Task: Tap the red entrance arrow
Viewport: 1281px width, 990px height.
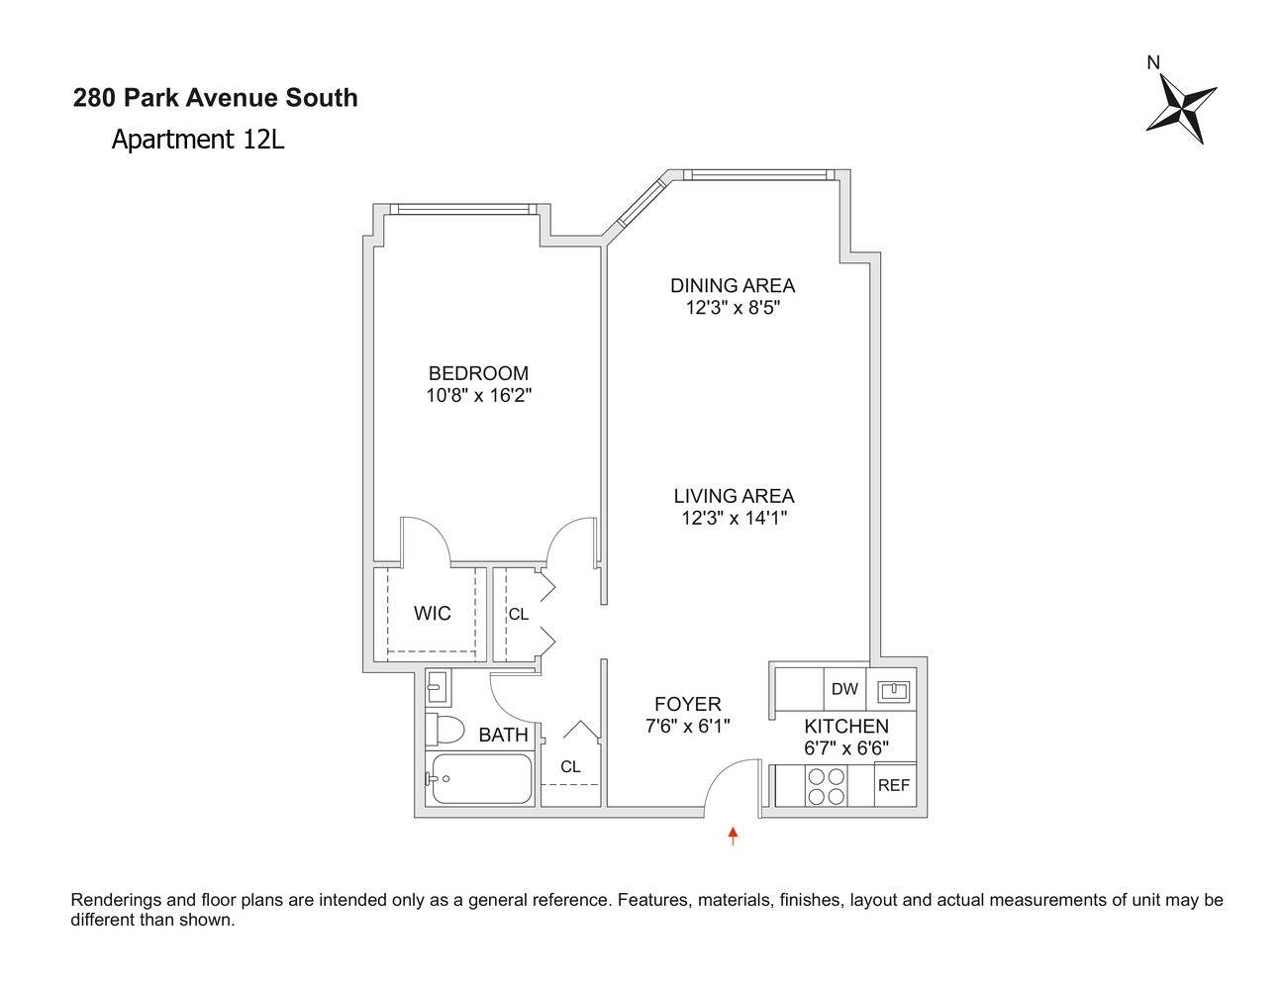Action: (733, 837)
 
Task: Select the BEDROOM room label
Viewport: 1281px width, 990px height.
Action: (478, 373)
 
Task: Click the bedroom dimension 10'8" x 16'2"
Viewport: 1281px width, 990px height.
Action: (479, 395)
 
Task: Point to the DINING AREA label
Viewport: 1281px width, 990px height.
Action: (733, 286)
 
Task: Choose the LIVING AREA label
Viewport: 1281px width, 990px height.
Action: (734, 496)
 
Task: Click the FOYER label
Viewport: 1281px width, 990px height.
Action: (687, 704)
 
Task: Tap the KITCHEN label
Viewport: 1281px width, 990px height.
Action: (845, 726)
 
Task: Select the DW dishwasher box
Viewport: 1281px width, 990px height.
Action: (844, 689)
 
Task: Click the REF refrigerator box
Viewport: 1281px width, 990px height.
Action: (893, 785)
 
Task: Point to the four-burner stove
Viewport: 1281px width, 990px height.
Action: (827, 786)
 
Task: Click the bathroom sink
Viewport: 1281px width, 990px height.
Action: (437, 684)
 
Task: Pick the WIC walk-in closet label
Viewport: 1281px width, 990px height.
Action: (432, 614)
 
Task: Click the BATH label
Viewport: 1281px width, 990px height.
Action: (503, 735)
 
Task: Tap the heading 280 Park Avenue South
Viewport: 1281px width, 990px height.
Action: (216, 98)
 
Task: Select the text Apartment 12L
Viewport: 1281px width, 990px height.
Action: (198, 140)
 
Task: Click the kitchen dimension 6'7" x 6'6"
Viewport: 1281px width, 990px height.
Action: (845, 748)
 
